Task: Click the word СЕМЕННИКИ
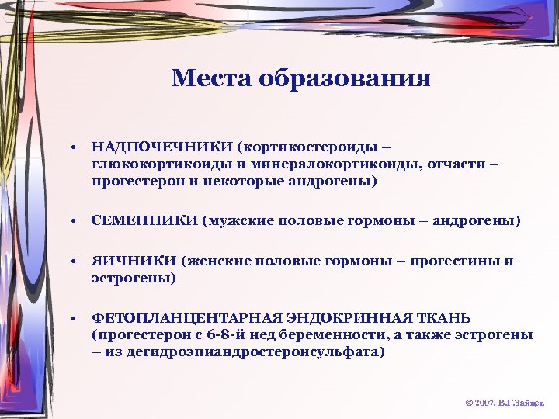click(144, 221)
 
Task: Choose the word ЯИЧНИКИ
click(134, 261)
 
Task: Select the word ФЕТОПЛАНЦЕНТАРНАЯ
click(175, 318)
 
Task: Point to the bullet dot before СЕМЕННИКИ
click(71, 222)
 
